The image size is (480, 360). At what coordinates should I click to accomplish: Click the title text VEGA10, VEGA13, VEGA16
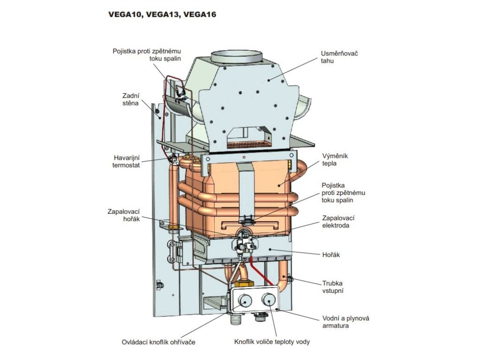pos(162,15)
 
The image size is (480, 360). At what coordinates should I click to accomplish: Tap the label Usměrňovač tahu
pos(339,57)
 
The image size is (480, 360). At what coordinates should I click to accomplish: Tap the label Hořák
pos(330,255)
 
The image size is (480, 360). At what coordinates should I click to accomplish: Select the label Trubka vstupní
pos(333,287)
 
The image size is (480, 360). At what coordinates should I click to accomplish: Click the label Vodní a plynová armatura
pos(346,322)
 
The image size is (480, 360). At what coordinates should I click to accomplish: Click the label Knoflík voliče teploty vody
pos(272,342)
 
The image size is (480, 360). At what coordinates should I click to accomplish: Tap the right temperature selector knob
pos(269,299)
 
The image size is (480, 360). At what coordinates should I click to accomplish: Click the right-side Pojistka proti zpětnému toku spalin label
pos(343,193)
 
